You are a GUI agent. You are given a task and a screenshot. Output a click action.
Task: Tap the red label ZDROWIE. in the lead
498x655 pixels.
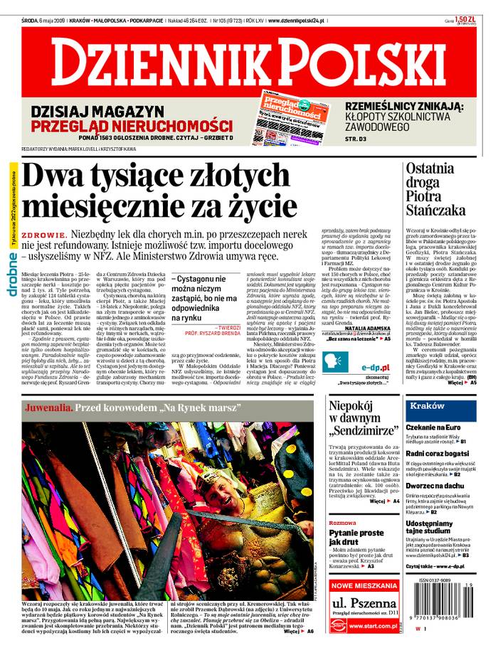click(x=45, y=235)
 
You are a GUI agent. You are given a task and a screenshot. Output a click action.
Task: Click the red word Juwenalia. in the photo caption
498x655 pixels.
click(x=48, y=408)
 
